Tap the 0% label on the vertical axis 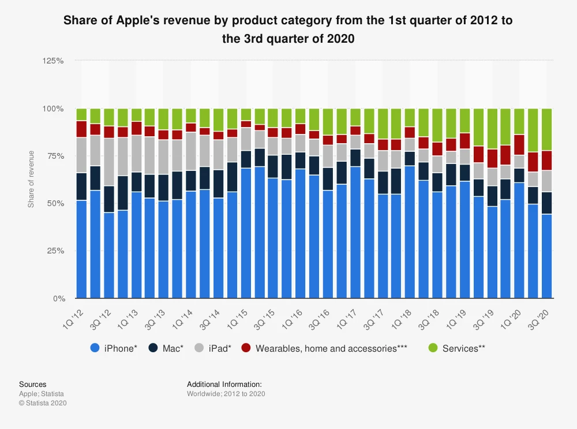coord(59,299)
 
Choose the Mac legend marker coord(153,348)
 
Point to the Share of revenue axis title coord(31,179)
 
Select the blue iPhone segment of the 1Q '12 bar coord(81,249)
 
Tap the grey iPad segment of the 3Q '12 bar coord(109,162)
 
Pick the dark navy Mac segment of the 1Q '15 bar coord(246,159)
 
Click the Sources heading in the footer coord(33,384)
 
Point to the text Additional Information coord(224,384)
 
